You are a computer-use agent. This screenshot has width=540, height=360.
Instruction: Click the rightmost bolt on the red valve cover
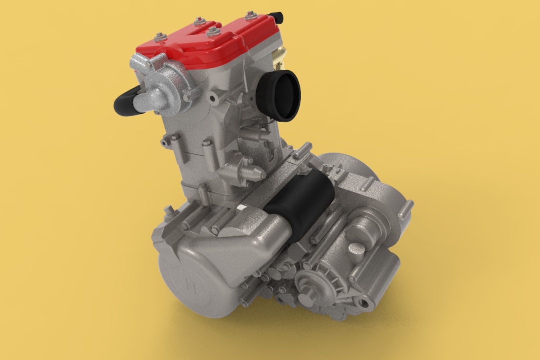pos(250,15)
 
